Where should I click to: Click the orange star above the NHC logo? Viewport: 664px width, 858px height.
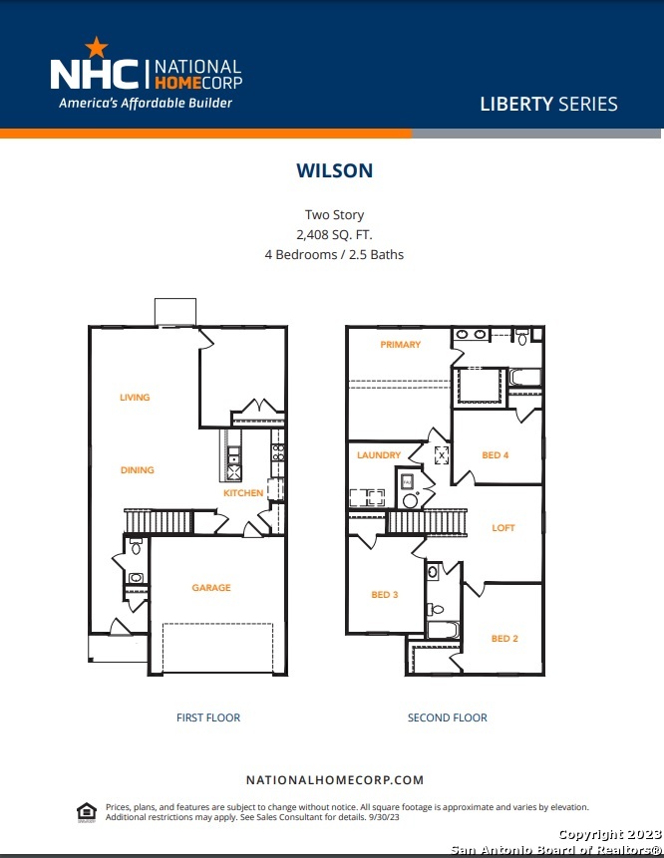(x=97, y=47)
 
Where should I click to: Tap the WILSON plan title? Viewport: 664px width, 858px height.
(x=334, y=170)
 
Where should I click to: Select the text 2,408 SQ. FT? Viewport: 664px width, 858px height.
(x=334, y=235)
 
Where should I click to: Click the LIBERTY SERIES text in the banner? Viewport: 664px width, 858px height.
(x=548, y=104)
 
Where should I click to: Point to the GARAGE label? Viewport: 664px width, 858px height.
(x=211, y=588)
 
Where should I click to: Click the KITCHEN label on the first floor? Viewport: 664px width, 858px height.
(x=243, y=493)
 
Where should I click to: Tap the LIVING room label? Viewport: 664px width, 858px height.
(x=135, y=398)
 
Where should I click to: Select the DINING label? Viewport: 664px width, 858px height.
(x=138, y=470)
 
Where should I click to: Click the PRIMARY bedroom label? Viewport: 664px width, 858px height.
(x=400, y=344)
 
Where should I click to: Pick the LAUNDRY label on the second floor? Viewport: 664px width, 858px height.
(x=379, y=455)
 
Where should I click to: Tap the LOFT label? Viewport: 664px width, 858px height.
(x=503, y=528)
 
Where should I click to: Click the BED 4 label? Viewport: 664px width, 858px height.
(x=496, y=455)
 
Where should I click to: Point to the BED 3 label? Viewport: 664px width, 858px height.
(x=384, y=595)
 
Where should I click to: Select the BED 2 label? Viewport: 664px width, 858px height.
(x=504, y=639)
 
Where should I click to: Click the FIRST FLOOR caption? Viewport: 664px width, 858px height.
(x=208, y=717)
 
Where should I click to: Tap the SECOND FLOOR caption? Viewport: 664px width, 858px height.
(x=448, y=717)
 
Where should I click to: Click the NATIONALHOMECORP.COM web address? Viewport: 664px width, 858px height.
(x=334, y=780)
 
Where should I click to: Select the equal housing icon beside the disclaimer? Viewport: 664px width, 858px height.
(x=87, y=812)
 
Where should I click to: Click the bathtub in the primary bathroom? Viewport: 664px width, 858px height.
(x=525, y=377)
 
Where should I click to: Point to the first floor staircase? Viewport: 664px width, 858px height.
(x=159, y=521)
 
